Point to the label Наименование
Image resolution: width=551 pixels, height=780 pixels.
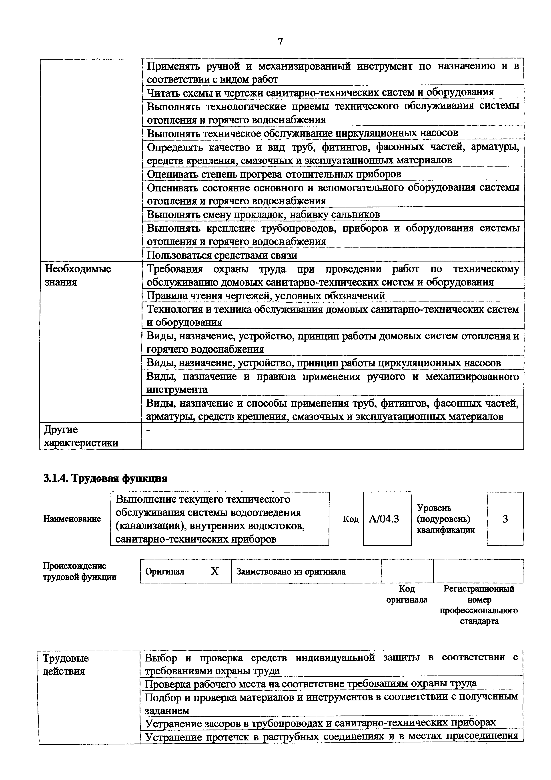pyautogui.click(x=72, y=519)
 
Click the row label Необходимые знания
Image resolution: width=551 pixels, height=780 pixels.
pyautogui.click(x=78, y=275)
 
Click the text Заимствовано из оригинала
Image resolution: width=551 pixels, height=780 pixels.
pyautogui.click(x=291, y=571)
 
